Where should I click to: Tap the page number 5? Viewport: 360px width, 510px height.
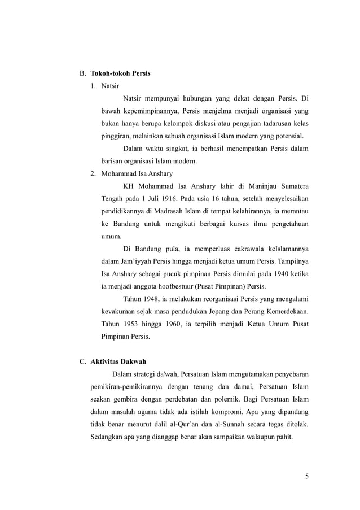307,476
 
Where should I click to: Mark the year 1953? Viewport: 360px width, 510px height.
129,325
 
